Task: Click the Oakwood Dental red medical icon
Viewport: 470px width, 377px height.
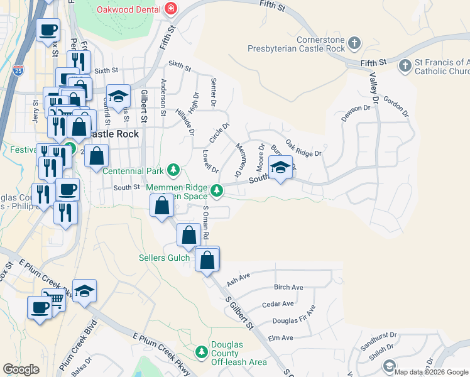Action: (x=170, y=9)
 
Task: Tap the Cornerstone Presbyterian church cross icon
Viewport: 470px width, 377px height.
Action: (x=354, y=43)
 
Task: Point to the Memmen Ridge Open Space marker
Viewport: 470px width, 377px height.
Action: (x=217, y=190)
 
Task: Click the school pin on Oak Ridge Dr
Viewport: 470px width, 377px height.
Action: (x=280, y=167)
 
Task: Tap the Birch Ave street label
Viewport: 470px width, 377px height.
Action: (x=288, y=287)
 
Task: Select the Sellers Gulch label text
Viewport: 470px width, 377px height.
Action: (x=163, y=258)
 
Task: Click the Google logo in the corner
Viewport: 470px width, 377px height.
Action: (x=21, y=369)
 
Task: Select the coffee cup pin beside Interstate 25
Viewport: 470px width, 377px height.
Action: (x=48, y=30)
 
